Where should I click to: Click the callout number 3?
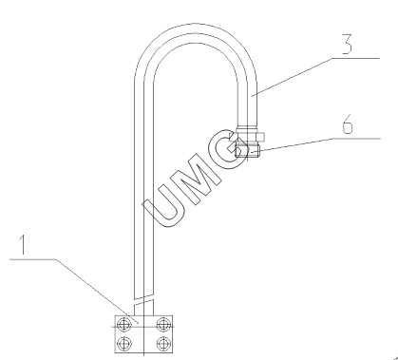(x=347, y=45)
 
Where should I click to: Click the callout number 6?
(x=348, y=124)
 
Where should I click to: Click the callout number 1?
(x=22, y=244)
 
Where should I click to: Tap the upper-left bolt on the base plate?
(x=124, y=325)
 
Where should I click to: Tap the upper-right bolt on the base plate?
(x=163, y=325)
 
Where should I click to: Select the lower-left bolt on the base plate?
(x=124, y=343)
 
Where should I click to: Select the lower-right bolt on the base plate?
(x=163, y=343)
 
